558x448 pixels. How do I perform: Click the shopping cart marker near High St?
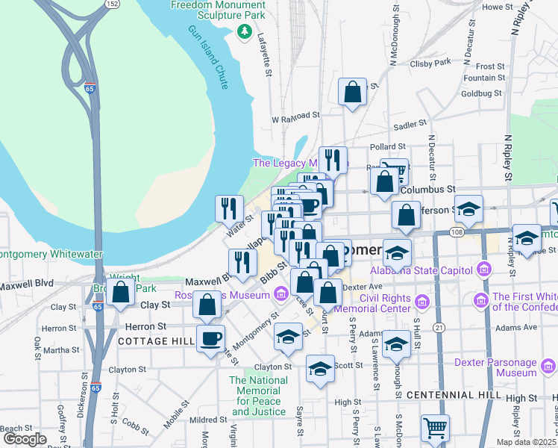(435, 429)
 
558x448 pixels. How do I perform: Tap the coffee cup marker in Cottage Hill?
(210, 338)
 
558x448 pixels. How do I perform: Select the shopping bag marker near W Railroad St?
(352, 93)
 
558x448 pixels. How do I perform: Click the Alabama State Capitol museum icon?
(485, 269)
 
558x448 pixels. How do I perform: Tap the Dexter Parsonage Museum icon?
(548, 367)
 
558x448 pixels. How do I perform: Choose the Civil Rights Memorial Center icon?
(423, 302)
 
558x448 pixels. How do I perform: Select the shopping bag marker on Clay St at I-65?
(120, 293)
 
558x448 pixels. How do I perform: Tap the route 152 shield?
(112, 4)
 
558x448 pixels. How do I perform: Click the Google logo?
(25, 438)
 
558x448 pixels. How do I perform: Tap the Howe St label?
(495, 7)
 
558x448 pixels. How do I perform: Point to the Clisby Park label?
(430, 62)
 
